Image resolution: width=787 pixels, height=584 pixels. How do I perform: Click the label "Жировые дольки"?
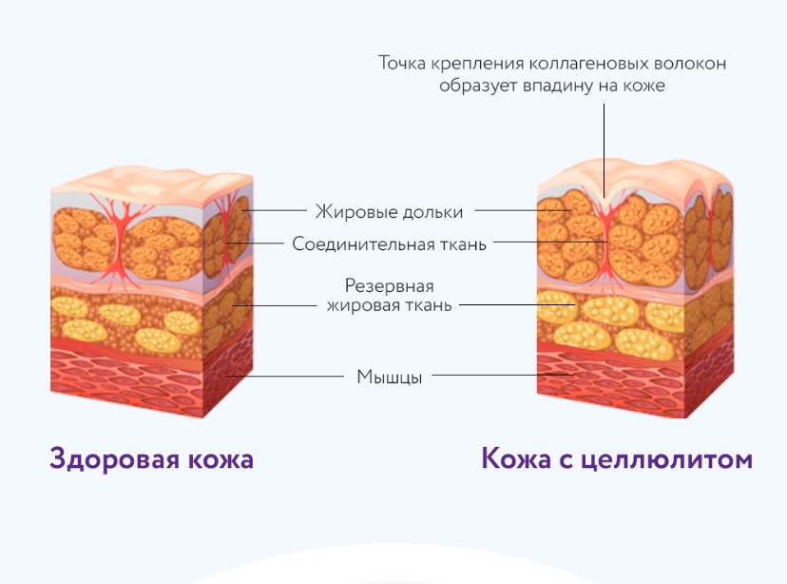(x=389, y=211)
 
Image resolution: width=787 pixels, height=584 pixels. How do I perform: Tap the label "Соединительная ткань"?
(x=389, y=243)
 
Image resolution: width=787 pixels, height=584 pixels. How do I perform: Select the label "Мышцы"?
(x=389, y=376)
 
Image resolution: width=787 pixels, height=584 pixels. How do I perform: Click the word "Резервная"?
(x=389, y=286)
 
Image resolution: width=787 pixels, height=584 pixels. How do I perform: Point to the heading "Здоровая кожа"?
(x=151, y=459)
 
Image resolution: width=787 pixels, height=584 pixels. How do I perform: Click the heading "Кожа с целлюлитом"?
(x=617, y=459)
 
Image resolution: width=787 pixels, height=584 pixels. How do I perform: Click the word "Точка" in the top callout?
(x=403, y=64)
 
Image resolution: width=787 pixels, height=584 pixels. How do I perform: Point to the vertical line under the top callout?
(x=604, y=143)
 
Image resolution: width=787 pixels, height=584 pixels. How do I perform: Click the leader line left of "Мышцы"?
(x=285, y=376)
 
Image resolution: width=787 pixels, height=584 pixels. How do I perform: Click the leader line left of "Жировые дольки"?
(x=276, y=210)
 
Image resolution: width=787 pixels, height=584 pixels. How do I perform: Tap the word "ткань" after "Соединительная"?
(x=462, y=243)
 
